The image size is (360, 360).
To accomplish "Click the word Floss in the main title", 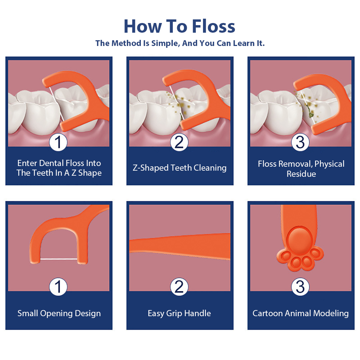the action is [213, 26].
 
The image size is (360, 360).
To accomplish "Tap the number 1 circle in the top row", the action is [58, 142].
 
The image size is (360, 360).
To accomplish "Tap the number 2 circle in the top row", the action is [179, 142].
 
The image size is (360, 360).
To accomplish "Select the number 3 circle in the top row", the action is [300, 142].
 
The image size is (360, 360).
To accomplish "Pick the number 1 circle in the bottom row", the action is [58, 287].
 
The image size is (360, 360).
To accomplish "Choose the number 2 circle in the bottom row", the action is [179, 287].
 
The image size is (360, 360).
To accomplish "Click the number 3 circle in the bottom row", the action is [300, 287].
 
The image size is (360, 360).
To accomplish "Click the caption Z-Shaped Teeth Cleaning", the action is [180, 168].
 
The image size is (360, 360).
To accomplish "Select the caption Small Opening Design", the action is [59, 313].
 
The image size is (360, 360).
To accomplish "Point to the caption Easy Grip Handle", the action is [179, 313].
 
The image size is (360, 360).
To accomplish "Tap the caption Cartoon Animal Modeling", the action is [300, 313].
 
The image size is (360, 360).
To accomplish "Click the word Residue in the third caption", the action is [301, 174].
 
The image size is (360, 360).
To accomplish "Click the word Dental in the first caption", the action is [51, 163].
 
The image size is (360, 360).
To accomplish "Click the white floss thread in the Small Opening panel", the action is [59, 259].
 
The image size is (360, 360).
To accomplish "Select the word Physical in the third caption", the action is [329, 164].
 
